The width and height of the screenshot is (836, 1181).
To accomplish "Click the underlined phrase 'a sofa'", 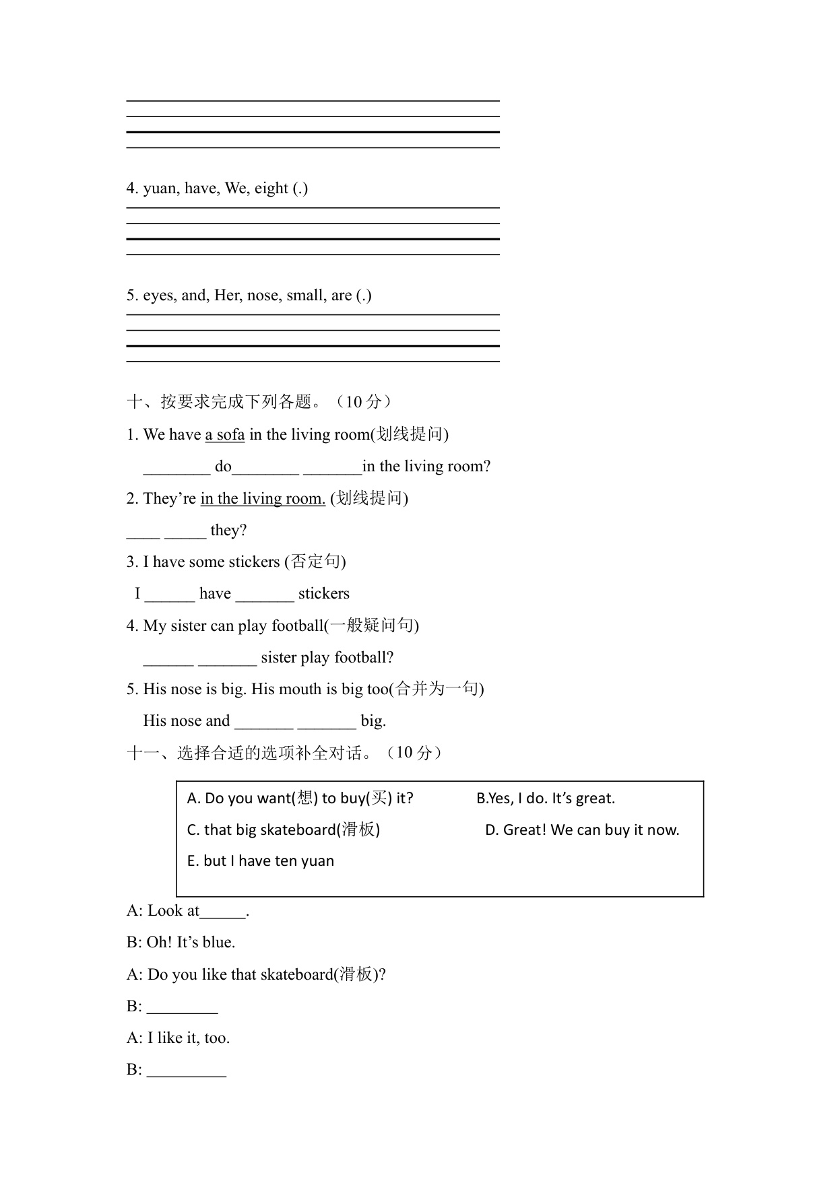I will [225, 434].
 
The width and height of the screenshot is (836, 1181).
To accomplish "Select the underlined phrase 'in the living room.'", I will [263, 498].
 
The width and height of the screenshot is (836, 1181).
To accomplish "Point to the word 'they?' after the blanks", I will [228, 530].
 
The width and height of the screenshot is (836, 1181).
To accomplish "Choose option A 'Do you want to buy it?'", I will [300, 798].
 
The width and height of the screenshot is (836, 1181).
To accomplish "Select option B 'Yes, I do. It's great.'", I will [545, 798].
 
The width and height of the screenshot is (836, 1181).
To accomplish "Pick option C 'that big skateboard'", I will [283, 830].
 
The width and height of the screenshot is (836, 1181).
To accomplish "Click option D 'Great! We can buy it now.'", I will [581, 830].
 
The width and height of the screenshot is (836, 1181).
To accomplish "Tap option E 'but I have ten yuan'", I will [260, 861].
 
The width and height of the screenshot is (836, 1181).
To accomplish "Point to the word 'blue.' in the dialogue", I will [218, 942].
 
